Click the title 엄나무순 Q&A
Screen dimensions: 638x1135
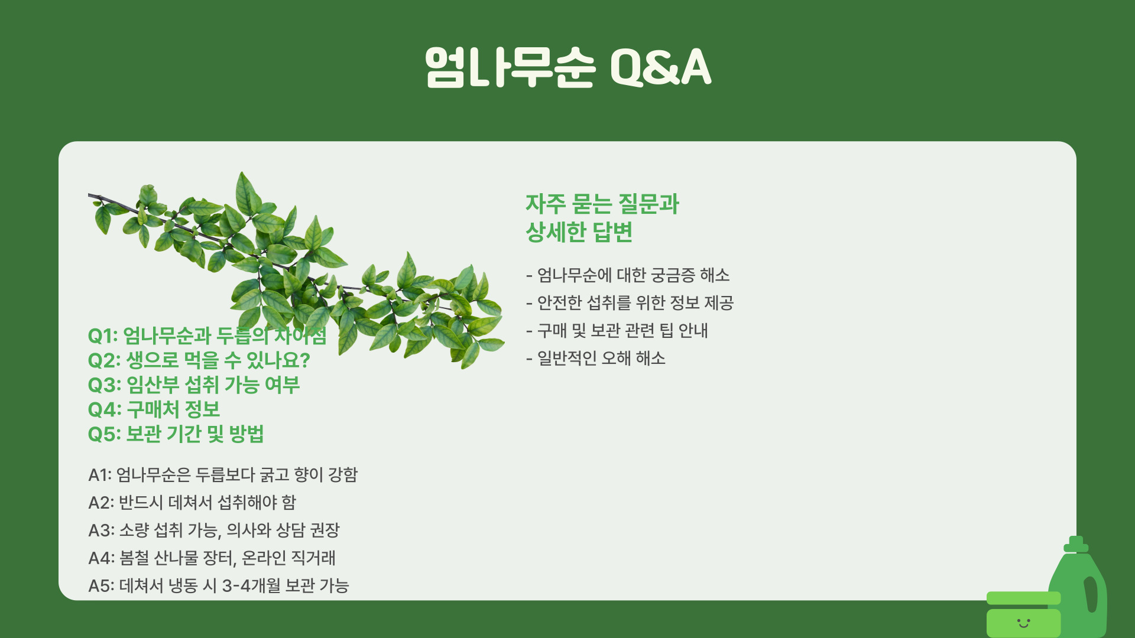click(x=567, y=67)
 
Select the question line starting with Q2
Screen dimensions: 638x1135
click(x=199, y=360)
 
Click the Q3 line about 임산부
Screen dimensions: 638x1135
click(x=194, y=385)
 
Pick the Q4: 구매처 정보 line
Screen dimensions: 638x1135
click(x=154, y=409)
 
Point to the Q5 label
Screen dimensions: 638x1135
click(x=104, y=434)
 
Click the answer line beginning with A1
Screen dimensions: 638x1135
click(x=223, y=475)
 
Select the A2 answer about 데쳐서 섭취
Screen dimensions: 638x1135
click(x=192, y=503)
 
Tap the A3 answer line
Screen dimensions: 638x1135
click(x=214, y=530)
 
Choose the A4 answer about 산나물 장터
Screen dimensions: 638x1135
click(x=212, y=558)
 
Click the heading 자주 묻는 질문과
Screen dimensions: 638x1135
click(x=602, y=204)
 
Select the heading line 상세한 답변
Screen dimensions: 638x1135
click(x=579, y=232)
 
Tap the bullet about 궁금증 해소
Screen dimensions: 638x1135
click(x=628, y=275)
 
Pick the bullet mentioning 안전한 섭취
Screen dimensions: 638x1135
click(x=630, y=303)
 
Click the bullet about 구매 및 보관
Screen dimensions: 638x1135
click(x=617, y=331)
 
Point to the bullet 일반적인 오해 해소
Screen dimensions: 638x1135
click(x=596, y=359)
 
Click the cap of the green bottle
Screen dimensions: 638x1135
click(x=1076, y=544)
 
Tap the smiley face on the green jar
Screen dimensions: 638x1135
click(x=1023, y=623)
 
